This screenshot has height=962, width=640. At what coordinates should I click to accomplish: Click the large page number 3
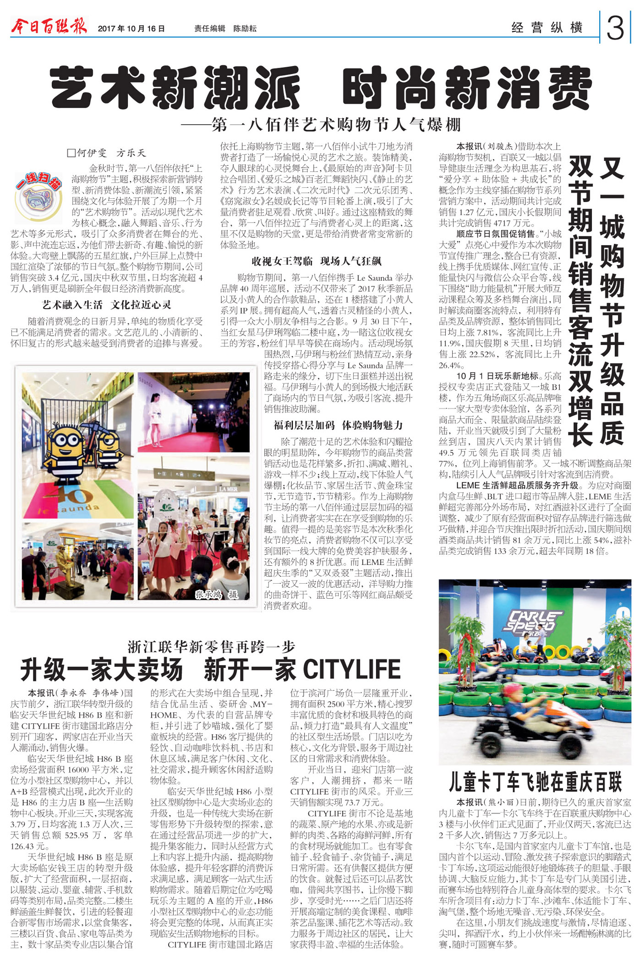pos(615,27)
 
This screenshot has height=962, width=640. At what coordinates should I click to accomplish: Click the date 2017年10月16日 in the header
pos(131,28)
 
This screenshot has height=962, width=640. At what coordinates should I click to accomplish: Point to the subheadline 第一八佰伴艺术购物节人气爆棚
pos(321,125)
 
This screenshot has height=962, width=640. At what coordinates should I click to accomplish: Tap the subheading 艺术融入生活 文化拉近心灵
pos(106,305)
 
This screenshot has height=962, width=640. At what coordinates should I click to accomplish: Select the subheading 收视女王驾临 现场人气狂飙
pos(316,262)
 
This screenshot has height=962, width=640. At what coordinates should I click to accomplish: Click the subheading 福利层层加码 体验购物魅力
pos(338,425)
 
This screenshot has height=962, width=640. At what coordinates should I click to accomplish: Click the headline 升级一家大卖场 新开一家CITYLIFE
pos(210,670)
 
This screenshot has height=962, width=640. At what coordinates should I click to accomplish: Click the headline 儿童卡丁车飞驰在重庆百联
pos(535,782)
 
